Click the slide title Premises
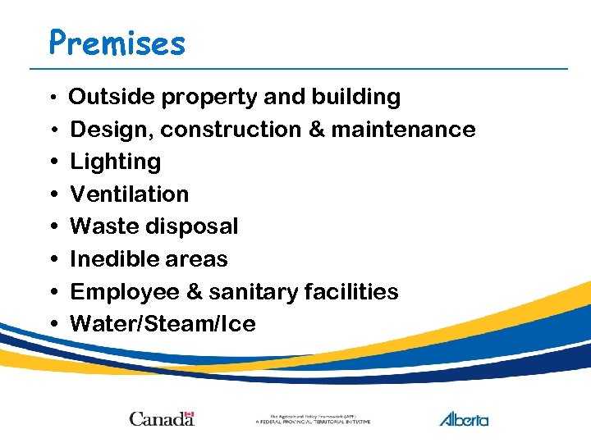click(117, 42)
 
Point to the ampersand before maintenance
click(316, 130)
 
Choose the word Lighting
click(116, 162)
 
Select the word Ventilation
click(130, 194)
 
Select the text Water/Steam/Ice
click(163, 324)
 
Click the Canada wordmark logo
click(162, 419)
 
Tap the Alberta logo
click(464, 419)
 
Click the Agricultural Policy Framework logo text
click(313, 419)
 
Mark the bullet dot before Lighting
click(53, 162)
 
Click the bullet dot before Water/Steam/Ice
click(53, 324)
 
